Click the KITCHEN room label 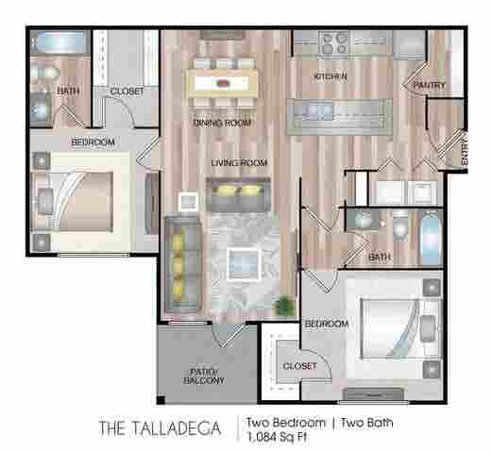(x=331, y=75)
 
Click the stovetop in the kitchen (x=333, y=42)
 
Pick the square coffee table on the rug (x=246, y=260)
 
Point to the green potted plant (x=281, y=305)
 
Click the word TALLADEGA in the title (x=180, y=428)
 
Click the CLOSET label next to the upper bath (x=127, y=92)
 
